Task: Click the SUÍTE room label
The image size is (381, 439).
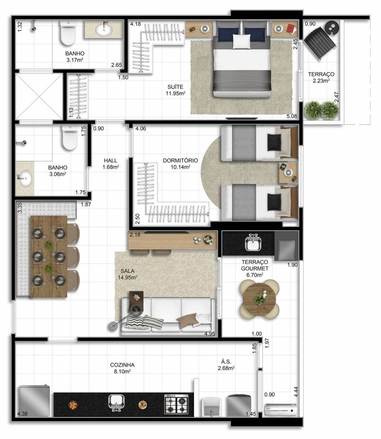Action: pos(175,87)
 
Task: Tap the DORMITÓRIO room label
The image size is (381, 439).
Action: pos(180,160)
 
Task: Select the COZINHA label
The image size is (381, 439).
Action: pos(122,365)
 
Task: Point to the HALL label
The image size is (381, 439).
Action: pos(110,160)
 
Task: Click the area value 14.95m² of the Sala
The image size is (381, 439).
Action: pos(127,278)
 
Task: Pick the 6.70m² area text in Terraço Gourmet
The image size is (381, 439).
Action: pos(254,275)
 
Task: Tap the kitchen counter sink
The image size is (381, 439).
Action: pos(117,403)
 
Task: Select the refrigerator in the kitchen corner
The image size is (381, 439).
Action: pos(34,400)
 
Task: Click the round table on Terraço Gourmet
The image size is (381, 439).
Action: pos(259,299)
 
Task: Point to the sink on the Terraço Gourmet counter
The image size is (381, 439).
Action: pos(254,242)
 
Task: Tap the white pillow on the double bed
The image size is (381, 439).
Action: pos(241,41)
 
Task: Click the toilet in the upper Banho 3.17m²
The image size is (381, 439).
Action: pos(68,33)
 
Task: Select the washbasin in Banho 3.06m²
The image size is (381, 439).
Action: pos(25,178)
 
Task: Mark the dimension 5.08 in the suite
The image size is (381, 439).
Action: pos(291,116)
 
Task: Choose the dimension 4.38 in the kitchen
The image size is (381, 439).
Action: pos(22,413)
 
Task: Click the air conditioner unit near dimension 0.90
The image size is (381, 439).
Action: pos(281,410)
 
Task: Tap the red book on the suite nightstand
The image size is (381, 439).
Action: pos(291,29)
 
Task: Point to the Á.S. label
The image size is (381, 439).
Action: pos(226,362)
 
